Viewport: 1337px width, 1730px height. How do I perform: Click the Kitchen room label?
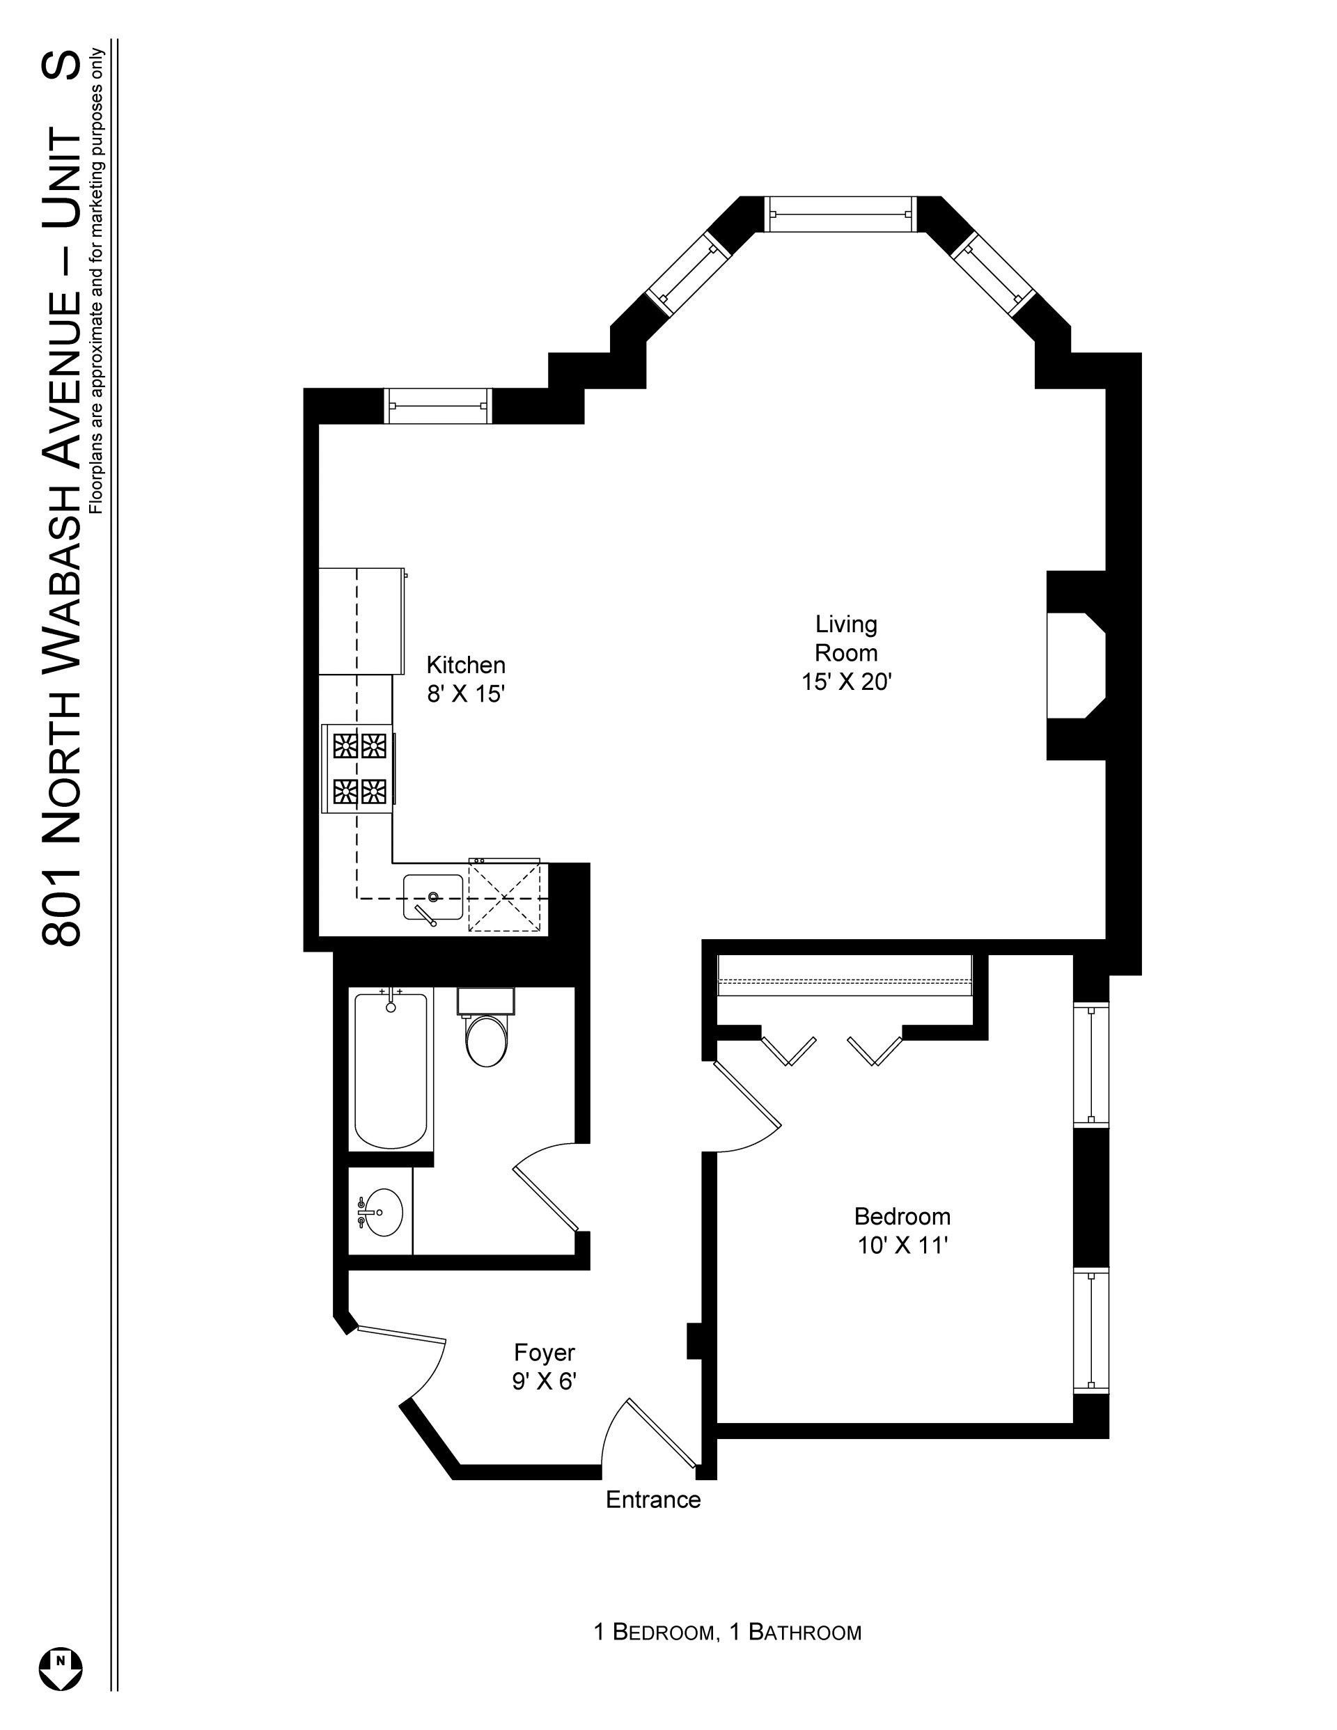tap(465, 665)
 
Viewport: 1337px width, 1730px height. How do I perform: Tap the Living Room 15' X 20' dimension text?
tap(847, 682)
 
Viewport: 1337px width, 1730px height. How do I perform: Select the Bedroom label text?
tap(902, 1216)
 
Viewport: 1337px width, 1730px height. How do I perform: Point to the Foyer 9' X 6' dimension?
tap(544, 1381)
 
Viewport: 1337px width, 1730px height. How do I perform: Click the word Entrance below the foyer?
tap(653, 1500)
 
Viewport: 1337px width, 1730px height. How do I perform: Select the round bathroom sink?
tap(379, 1212)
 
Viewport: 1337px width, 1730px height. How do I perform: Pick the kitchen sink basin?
tap(432, 897)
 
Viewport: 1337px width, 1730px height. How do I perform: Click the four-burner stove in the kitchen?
tap(358, 769)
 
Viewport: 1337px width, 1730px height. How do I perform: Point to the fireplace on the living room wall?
tap(1077, 666)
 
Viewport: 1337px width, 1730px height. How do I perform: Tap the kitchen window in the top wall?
tap(438, 406)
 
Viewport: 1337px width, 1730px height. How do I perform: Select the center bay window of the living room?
tap(840, 214)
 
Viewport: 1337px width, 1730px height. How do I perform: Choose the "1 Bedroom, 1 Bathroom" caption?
tap(728, 1632)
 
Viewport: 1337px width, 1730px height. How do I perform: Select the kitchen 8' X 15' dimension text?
tap(465, 694)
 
